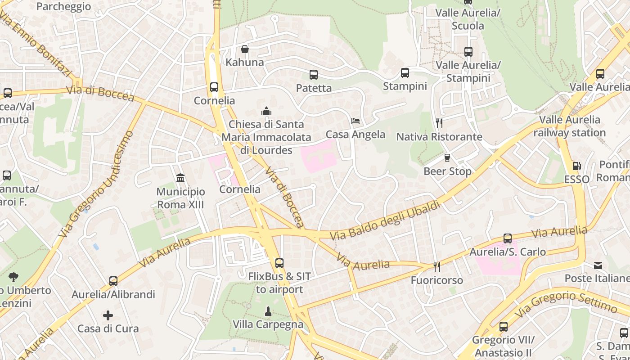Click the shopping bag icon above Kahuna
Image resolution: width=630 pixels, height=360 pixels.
click(x=245, y=49)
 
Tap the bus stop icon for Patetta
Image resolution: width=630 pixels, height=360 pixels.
click(x=314, y=75)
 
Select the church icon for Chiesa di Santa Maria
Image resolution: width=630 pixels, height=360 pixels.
click(x=266, y=111)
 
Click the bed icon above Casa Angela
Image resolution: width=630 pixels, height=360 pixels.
click(x=355, y=121)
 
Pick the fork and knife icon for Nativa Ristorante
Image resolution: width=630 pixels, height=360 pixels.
click(x=439, y=123)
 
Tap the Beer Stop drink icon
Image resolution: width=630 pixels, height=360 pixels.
click(x=447, y=158)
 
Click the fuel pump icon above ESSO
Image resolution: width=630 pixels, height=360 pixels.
click(x=576, y=166)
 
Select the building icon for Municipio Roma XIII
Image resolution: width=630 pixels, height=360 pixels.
click(x=180, y=178)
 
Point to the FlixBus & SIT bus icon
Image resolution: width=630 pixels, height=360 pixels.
click(x=279, y=263)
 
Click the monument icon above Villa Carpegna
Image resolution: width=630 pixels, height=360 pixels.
click(x=268, y=311)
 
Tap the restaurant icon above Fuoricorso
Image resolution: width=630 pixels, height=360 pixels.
click(x=436, y=267)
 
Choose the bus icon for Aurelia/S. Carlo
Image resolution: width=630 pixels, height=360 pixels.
click(x=508, y=238)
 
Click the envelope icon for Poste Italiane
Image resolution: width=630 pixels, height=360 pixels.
click(x=598, y=265)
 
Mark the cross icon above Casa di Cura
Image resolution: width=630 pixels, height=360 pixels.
click(x=108, y=315)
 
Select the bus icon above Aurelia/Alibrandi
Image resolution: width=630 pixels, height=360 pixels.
click(x=113, y=281)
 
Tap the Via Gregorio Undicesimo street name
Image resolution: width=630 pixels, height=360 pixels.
click(x=97, y=184)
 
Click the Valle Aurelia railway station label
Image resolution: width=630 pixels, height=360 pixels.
click(x=570, y=126)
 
